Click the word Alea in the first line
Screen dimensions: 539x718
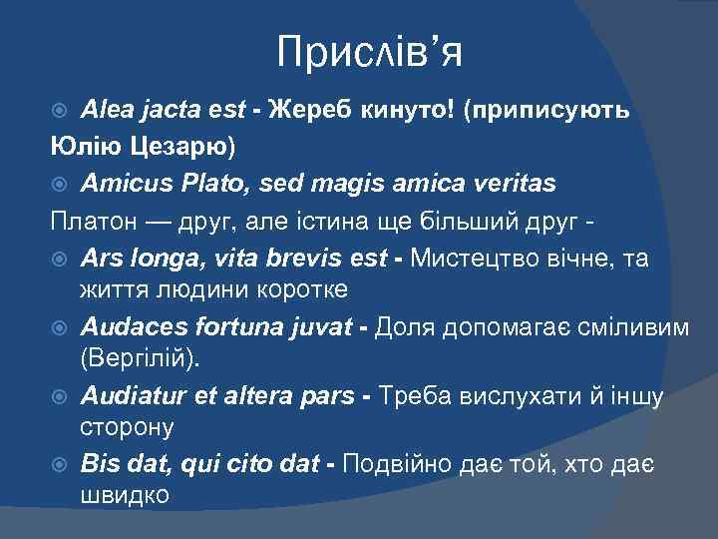(x=106, y=110)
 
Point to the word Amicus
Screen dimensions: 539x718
(x=124, y=184)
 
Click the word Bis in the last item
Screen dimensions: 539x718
(x=98, y=463)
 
